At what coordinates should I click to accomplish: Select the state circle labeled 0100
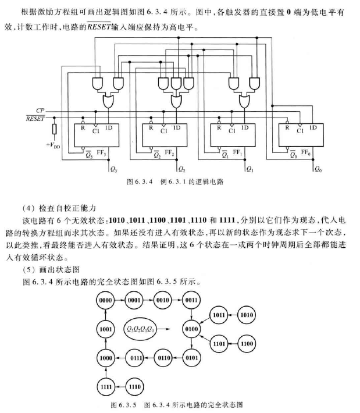coord(192,329)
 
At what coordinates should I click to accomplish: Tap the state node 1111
coord(105,386)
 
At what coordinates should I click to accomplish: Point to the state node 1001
coord(105,329)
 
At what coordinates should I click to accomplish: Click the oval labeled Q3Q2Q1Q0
coord(141,329)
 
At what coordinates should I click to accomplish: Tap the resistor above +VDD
coord(54,129)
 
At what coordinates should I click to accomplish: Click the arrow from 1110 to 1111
coord(120,386)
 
